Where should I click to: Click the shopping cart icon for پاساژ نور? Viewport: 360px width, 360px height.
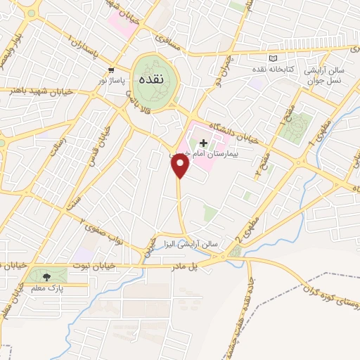point(112,70)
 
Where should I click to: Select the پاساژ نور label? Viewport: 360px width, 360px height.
point(112,81)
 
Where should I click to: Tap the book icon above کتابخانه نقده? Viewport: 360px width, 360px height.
point(273,58)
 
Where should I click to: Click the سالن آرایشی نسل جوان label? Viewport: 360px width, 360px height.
point(327,75)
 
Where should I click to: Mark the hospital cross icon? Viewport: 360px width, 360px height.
point(204,143)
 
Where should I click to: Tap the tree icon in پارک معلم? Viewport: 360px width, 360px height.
point(46,277)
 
